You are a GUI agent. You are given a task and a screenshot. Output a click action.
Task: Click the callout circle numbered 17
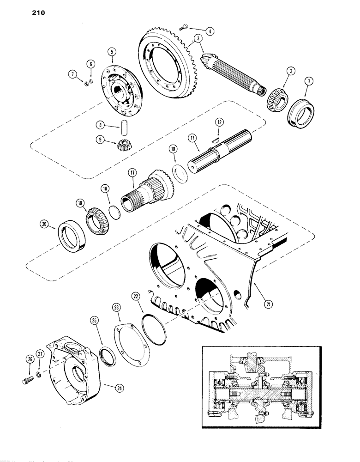(x=132, y=173)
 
